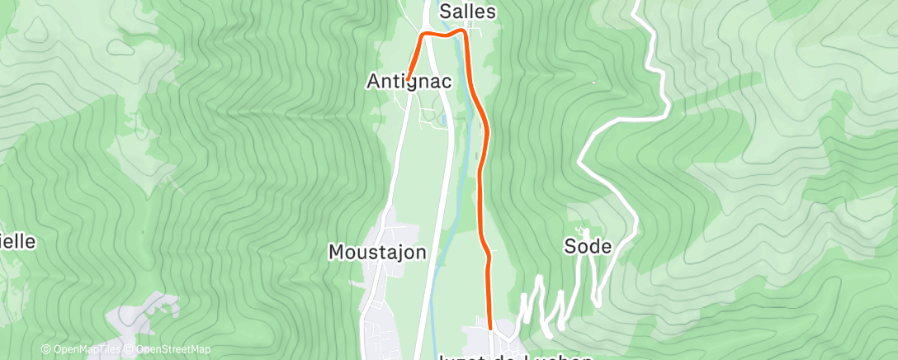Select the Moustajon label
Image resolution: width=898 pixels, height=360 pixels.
point(377,251)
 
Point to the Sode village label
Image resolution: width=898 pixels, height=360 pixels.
point(588,246)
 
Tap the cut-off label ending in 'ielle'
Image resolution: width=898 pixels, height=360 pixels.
point(17,241)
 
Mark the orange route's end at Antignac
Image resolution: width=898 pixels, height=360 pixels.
point(408,79)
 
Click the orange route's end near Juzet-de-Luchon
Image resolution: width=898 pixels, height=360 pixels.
point(490,328)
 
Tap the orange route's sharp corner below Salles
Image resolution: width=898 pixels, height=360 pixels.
point(464,35)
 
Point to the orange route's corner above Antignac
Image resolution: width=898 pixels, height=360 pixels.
point(425,35)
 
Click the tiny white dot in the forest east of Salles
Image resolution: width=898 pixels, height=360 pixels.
point(593,81)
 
